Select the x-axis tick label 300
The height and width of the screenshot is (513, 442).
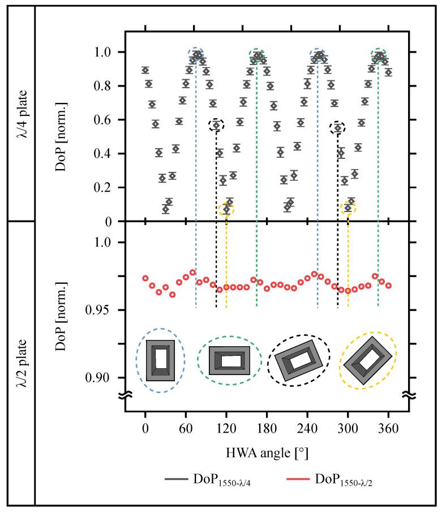coord(347,429)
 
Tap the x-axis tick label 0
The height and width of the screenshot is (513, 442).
coord(145,429)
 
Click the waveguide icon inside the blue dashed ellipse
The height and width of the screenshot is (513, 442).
coord(160,359)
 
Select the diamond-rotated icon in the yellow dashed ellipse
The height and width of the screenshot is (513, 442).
coord(367,359)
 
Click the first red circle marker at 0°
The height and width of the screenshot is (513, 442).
coord(145,278)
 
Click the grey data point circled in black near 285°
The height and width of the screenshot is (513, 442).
coord(338,128)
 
